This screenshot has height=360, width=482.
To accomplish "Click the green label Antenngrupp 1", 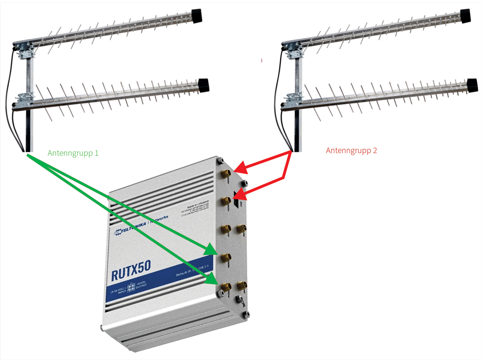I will click(x=73, y=153).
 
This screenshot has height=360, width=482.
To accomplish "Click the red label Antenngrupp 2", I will click(x=351, y=151).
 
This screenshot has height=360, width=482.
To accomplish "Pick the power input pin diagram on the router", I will click(x=132, y=288).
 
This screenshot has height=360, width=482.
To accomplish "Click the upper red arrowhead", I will click(x=241, y=168).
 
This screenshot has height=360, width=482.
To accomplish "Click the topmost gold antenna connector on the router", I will click(x=225, y=174).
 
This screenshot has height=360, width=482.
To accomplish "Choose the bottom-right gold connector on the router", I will click(x=241, y=285).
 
